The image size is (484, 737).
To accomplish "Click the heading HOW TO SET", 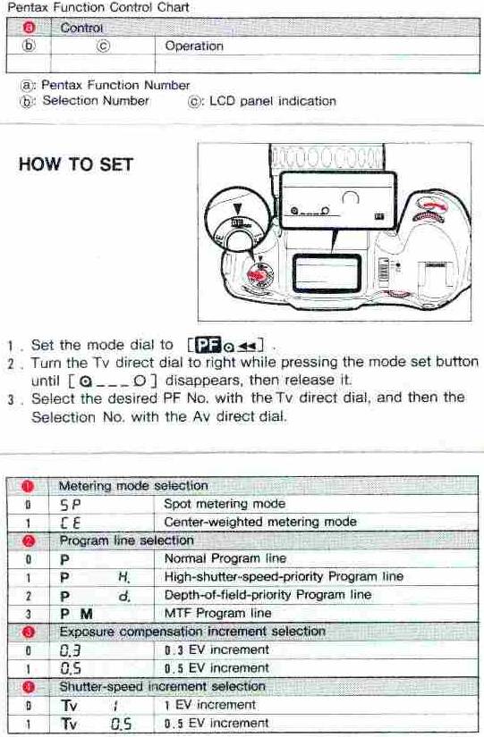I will point(76,164).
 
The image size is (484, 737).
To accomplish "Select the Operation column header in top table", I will point(194,46).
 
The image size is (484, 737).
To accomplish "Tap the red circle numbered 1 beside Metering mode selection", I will point(27,485).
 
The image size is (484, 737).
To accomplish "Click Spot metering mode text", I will point(225,504).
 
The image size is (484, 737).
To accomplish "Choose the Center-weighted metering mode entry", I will point(260,522).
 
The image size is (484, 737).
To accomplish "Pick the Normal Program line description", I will point(225,558).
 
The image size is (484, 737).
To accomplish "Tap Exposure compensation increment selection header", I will point(191,632).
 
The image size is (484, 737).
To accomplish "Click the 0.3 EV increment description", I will point(217,649).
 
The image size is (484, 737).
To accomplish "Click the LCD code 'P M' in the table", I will point(76,614).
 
